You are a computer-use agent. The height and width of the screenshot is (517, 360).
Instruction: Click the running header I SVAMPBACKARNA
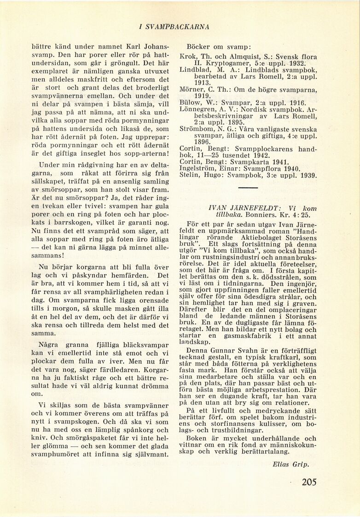174,27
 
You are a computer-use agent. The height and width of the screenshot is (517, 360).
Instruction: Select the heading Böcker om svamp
218,47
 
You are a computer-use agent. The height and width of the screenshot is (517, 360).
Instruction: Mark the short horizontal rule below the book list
248,188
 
